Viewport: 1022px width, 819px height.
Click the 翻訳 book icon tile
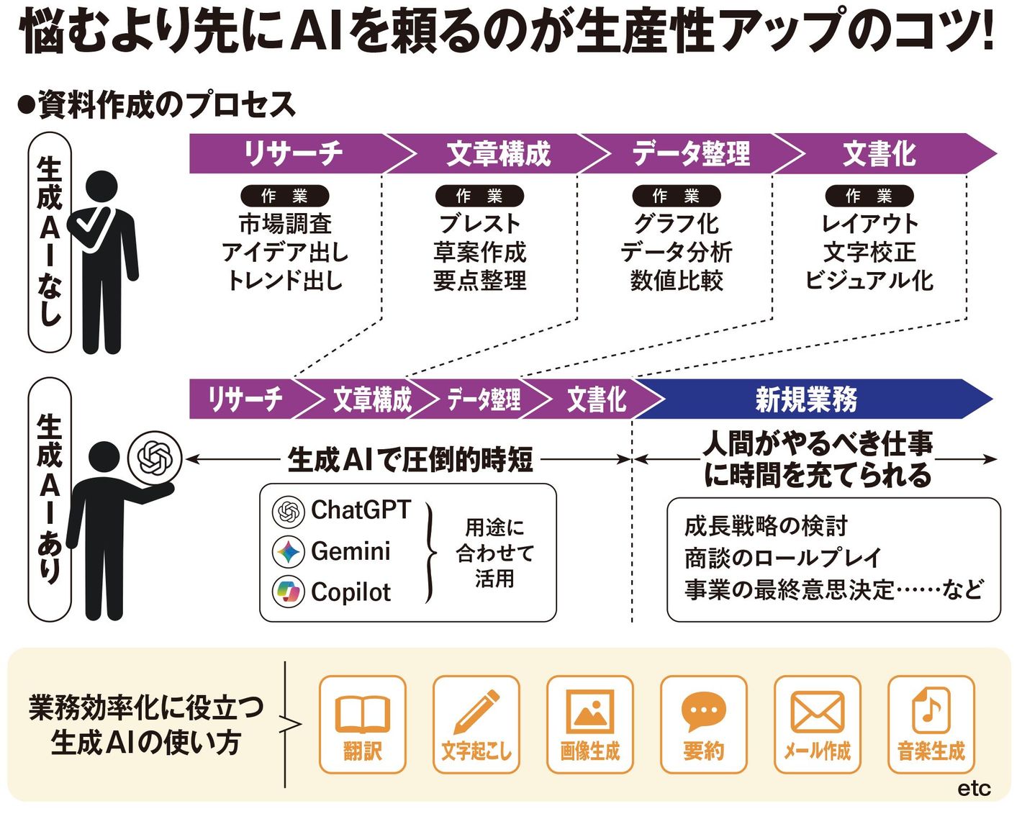coord(363,725)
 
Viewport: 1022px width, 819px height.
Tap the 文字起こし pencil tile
coord(476,725)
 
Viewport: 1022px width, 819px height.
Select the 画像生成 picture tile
coord(590,725)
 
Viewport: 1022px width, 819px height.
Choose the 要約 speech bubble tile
coord(703,725)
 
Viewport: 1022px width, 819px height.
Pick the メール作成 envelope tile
coord(817,725)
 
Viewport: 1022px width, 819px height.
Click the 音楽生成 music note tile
coord(931,725)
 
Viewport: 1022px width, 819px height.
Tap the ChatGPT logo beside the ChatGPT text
coord(288,511)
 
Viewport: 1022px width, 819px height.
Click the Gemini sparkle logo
coord(288,552)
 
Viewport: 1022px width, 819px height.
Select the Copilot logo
coord(288,592)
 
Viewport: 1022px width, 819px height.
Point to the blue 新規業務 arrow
coord(806,399)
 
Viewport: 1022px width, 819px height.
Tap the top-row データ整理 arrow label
coord(691,153)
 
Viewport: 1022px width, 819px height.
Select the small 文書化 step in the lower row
coord(596,399)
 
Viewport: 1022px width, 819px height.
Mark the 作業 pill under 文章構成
coord(479,196)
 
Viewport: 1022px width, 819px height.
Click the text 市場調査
coord(285,224)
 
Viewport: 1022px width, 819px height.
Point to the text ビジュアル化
coord(869,280)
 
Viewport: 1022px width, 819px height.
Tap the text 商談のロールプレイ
coord(783,558)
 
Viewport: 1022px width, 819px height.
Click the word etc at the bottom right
coord(974,788)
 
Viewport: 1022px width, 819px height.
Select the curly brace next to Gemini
coord(430,552)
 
